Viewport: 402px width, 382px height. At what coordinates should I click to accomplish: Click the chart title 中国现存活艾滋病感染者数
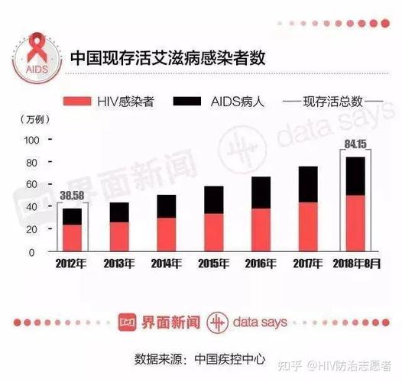click(169, 58)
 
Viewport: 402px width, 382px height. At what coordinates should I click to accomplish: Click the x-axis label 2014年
click(167, 264)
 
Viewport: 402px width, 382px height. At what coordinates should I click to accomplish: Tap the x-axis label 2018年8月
click(355, 264)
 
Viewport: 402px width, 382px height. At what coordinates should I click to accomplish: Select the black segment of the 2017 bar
click(308, 184)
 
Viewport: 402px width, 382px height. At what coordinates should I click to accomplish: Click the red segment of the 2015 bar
click(214, 231)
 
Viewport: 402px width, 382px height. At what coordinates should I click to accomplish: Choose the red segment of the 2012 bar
click(72, 238)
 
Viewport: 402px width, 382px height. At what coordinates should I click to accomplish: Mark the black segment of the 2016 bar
click(261, 193)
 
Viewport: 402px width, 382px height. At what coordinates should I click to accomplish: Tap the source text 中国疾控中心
click(230, 357)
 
